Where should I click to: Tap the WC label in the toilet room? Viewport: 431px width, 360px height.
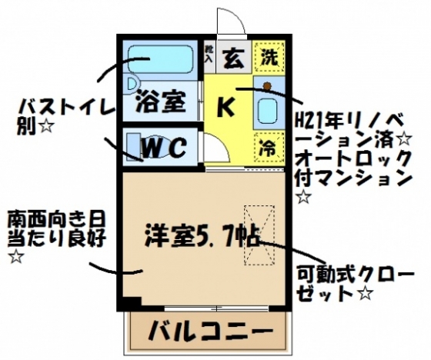click(165, 148)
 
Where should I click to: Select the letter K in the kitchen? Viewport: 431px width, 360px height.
click(226, 107)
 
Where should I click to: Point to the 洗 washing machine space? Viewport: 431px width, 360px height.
click(269, 57)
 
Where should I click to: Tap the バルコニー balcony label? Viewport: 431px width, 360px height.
click(211, 330)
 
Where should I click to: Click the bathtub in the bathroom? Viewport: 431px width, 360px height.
click(161, 58)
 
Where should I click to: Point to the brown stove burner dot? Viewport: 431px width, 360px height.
click(267, 86)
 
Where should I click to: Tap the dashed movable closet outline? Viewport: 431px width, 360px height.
click(259, 235)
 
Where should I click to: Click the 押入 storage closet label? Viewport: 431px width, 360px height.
click(209, 54)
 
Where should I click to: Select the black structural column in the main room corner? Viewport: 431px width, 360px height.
click(132, 302)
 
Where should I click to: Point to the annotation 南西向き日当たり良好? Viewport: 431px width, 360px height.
click(56, 237)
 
